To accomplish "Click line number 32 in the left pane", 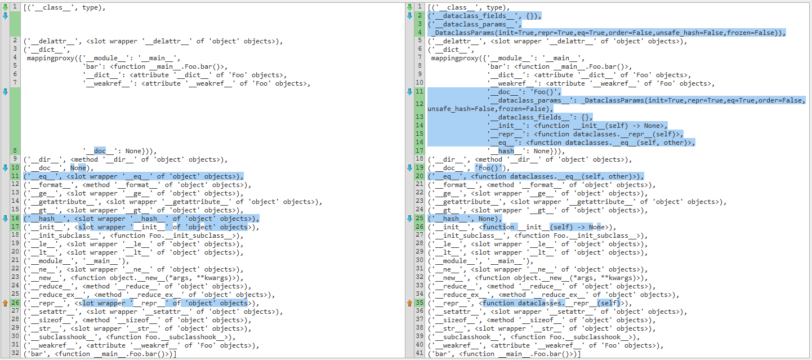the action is coord(15,353).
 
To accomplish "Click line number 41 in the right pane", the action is coord(420,353).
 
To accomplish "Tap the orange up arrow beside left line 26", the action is coord(6,303).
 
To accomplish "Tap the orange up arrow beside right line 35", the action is coord(409,303).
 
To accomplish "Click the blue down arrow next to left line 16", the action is coord(6,218).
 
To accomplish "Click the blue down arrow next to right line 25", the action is coord(409,218).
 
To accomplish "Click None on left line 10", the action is coord(78,168).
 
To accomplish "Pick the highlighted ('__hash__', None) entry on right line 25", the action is coord(465,219).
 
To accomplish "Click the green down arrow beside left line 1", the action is coord(6,7).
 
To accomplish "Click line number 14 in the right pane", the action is coord(420,126).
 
